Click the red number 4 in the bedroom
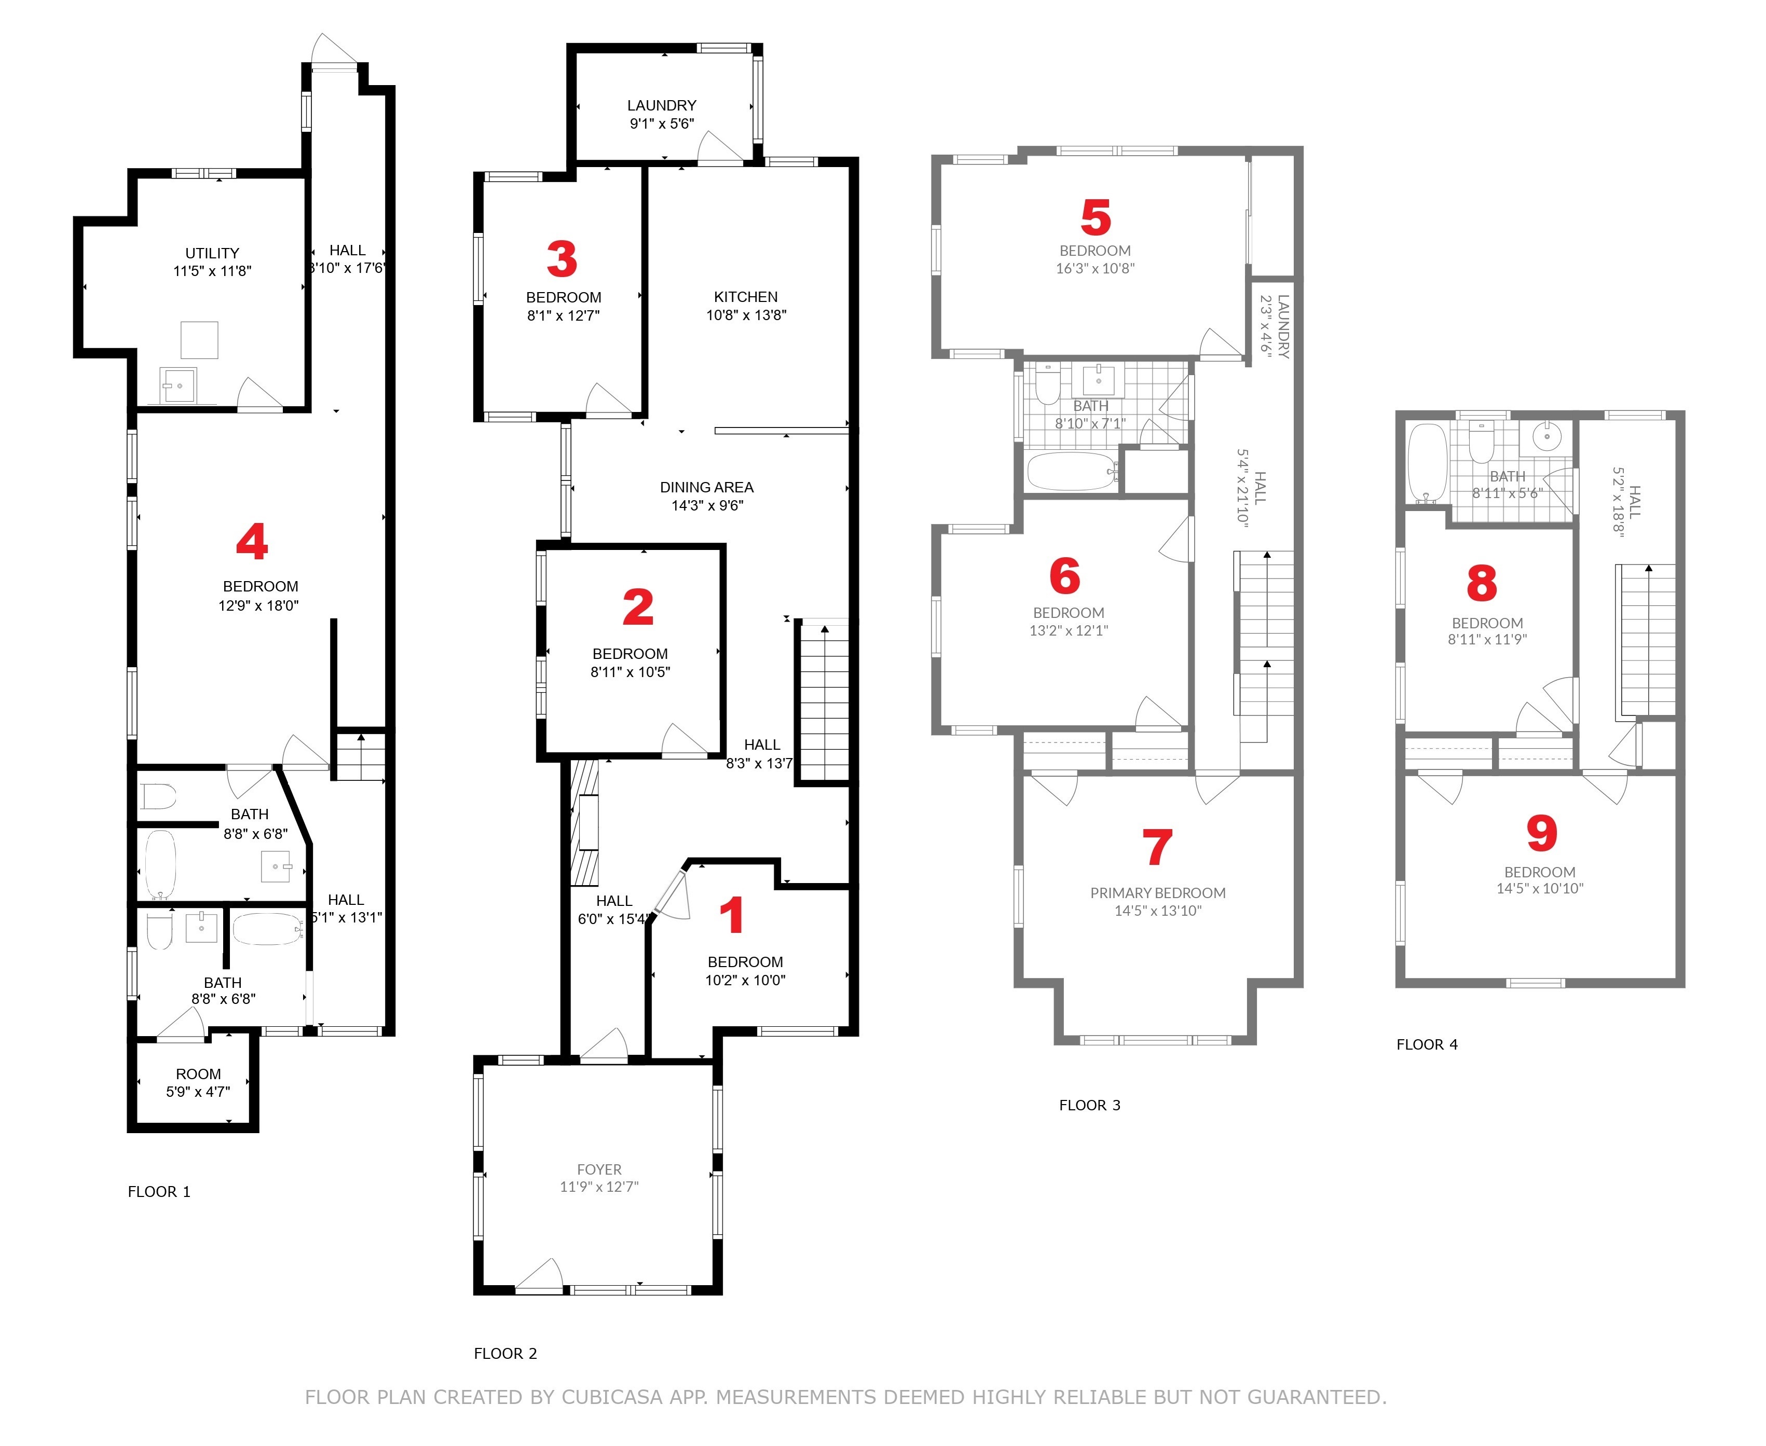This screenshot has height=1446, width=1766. (252, 542)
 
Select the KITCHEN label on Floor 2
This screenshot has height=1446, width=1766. (746, 297)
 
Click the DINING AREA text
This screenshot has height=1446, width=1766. (706, 487)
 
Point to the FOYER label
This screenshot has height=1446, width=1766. (599, 1169)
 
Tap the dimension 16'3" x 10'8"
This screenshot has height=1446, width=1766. (1094, 268)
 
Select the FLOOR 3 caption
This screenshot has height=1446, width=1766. (1089, 1105)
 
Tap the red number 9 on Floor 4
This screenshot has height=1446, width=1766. (1541, 832)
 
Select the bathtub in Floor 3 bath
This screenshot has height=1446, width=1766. (1071, 472)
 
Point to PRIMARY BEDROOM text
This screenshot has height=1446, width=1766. (1157, 893)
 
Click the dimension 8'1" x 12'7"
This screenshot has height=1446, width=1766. (563, 315)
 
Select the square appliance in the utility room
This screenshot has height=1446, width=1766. (199, 340)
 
